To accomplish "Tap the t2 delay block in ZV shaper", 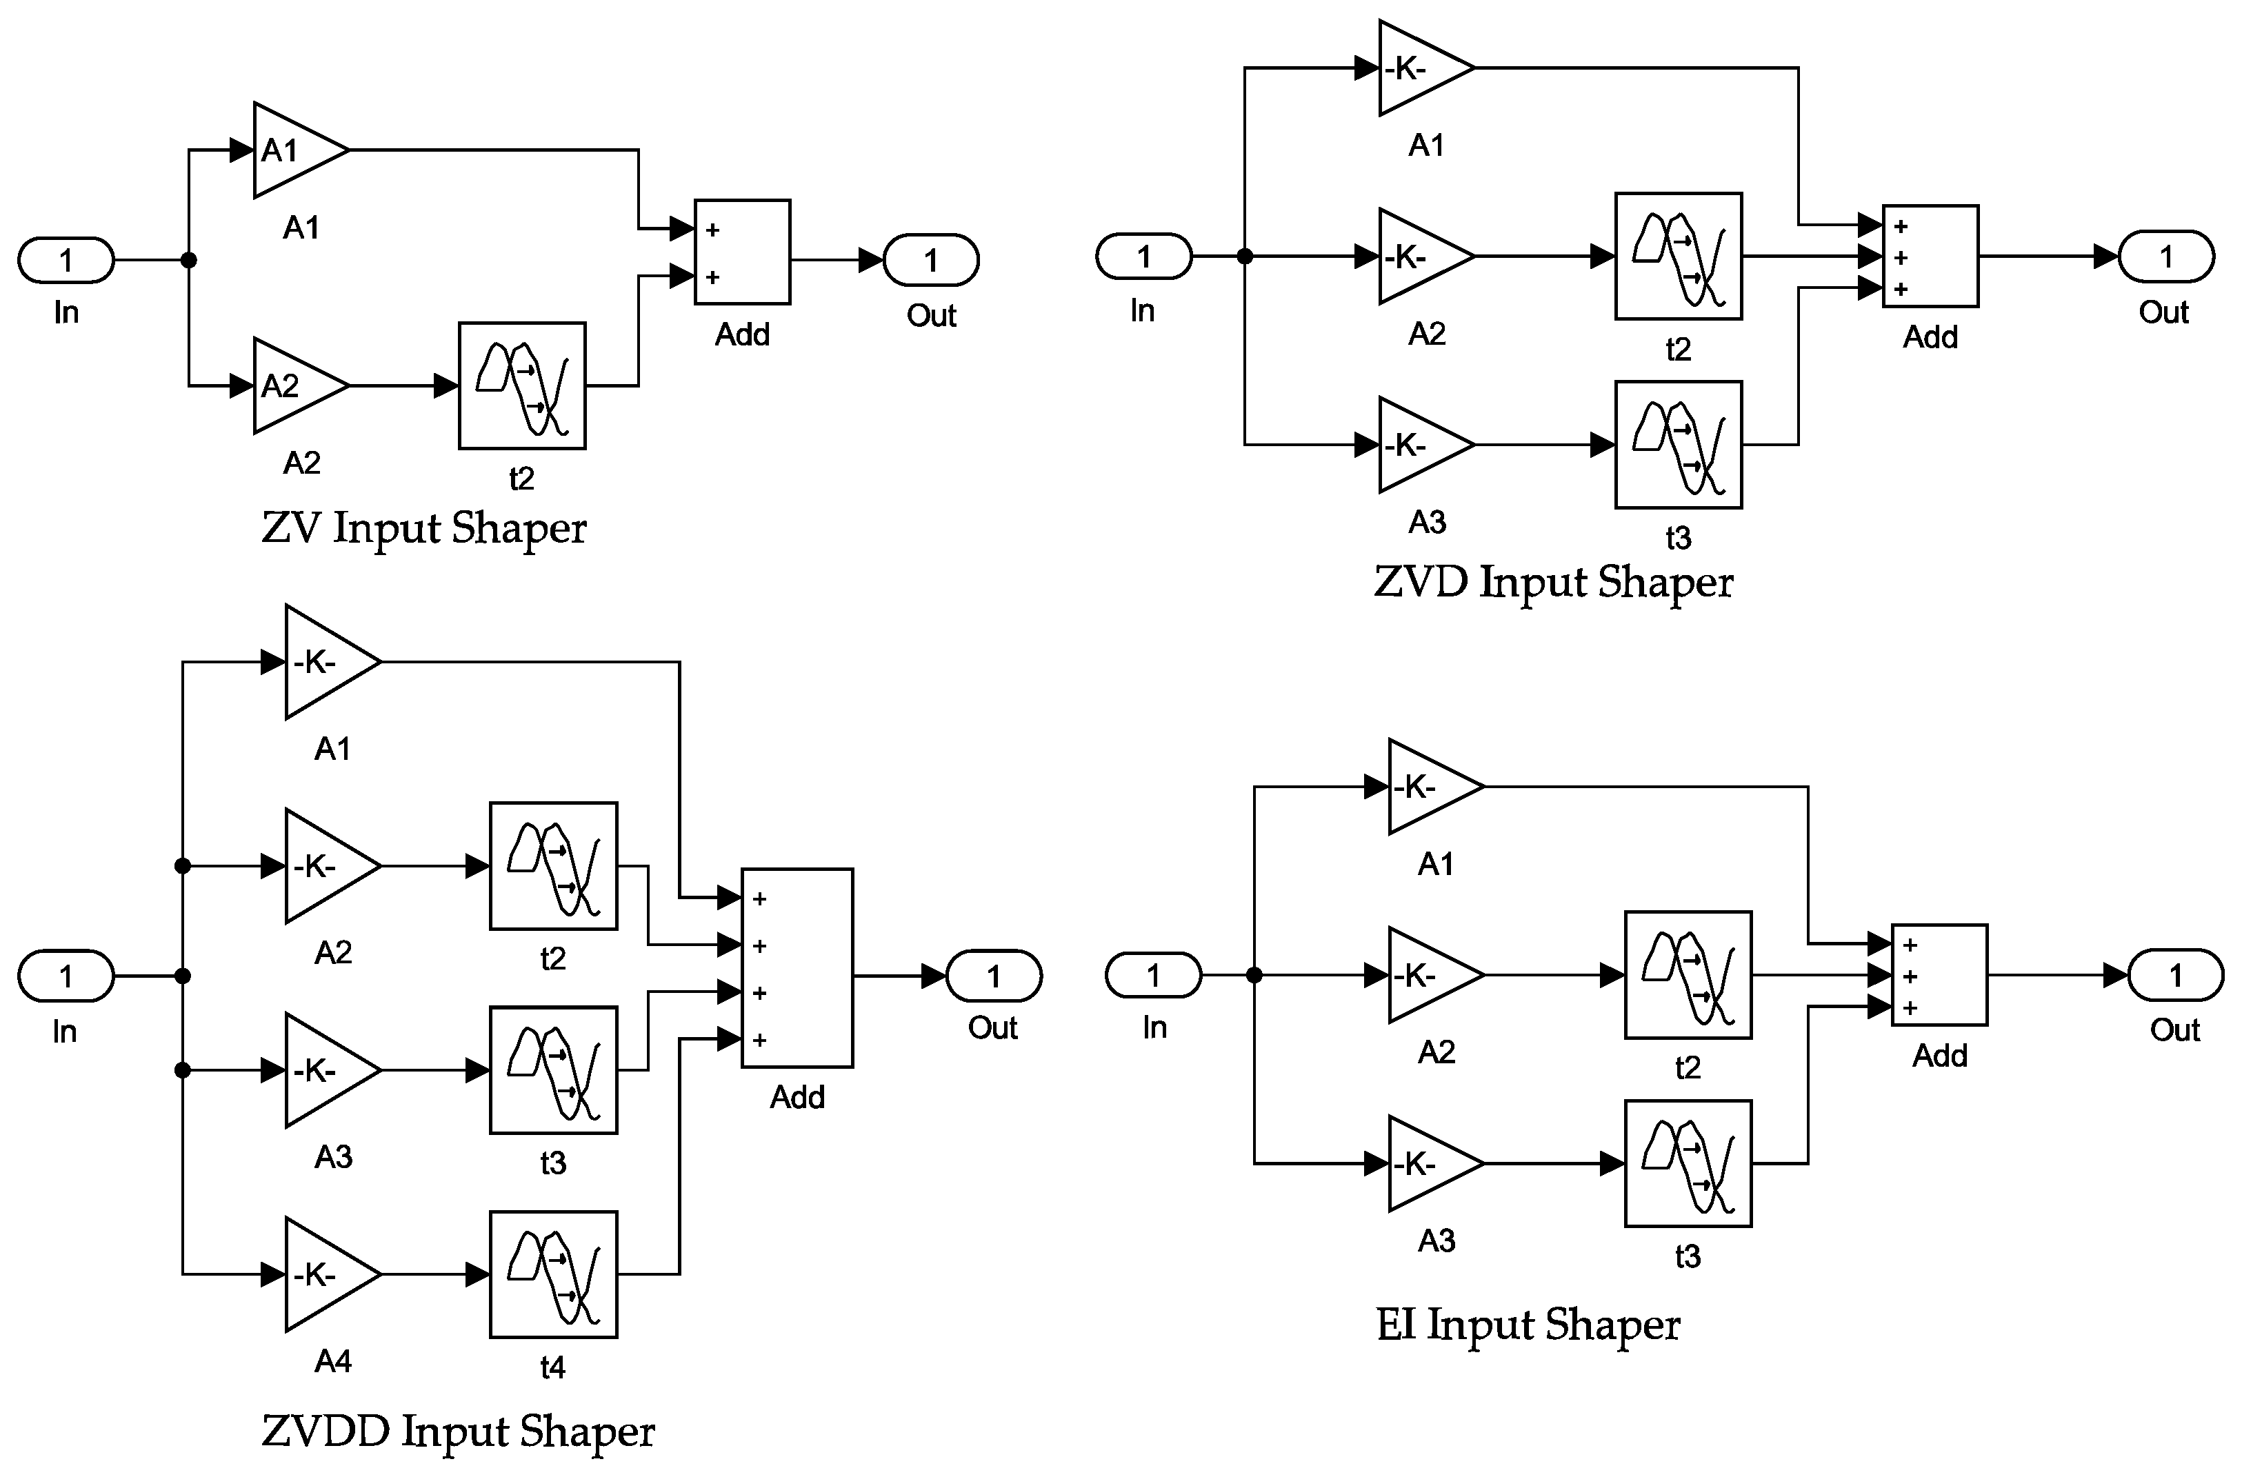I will (x=522, y=386).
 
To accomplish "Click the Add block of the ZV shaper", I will (x=742, y=252).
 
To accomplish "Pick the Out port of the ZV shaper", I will (x=931, y=260).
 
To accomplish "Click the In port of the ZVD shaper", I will (x=1143, y=257).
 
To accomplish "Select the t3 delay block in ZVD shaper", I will (x=1678, y=445).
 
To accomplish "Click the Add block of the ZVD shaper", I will (x=1930, y=257).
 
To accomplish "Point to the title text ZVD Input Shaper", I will (x=1553, y=581).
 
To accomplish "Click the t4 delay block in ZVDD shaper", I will (x=553, y=1274).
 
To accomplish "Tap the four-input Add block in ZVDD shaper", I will (x=797, y=968).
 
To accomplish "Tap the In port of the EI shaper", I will (x=1153, y=975).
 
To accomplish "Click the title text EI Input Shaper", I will (x=1528, y=1325).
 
